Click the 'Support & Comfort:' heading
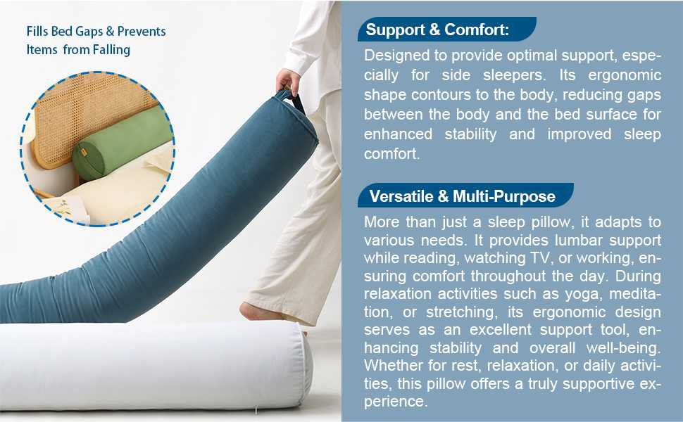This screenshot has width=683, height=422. pyautogui.click(x=437, y=30)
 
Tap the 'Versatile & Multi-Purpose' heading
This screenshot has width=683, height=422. pyautogui.click(x=462, y=196)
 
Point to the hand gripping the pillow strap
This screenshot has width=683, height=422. pyautogui.click(x=288, y=82)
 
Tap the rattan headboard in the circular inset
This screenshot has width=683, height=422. pyautogui.click(x=87, y=113)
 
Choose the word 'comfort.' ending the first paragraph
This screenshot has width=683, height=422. pyautogui.click(x=392, y=154)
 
